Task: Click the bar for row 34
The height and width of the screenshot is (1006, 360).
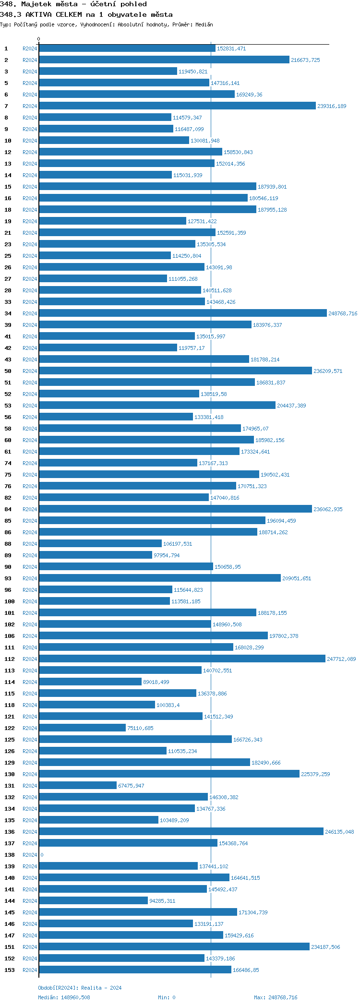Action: (182, 313)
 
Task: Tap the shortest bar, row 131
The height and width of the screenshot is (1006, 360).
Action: (78, 786)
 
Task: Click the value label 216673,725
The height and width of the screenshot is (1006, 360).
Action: (305, 60)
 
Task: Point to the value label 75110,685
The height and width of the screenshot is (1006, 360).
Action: (140, 728)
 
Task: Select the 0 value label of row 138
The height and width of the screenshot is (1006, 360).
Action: (42, 855)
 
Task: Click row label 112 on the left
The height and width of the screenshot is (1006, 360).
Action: (10, 659)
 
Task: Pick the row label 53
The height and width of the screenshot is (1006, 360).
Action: (8, 406)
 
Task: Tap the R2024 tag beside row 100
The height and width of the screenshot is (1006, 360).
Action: (30, 601)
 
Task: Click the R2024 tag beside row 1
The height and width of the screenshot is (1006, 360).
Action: (30, 48)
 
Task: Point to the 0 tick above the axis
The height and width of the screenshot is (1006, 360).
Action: (39, 39)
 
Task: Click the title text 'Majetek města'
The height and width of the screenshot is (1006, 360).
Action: (49, 4)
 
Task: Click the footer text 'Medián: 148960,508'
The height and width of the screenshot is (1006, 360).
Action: (64, 997)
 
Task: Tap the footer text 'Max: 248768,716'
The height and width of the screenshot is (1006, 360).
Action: (276, 997)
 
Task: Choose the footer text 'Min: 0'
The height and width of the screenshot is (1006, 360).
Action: (167, 997)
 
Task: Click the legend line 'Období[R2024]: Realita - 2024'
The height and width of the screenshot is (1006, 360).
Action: (80, 988)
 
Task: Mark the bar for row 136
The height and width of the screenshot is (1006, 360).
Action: (181, 832)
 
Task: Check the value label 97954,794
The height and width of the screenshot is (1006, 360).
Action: (167, 555)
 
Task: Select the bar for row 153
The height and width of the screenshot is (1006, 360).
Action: (135, 970)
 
